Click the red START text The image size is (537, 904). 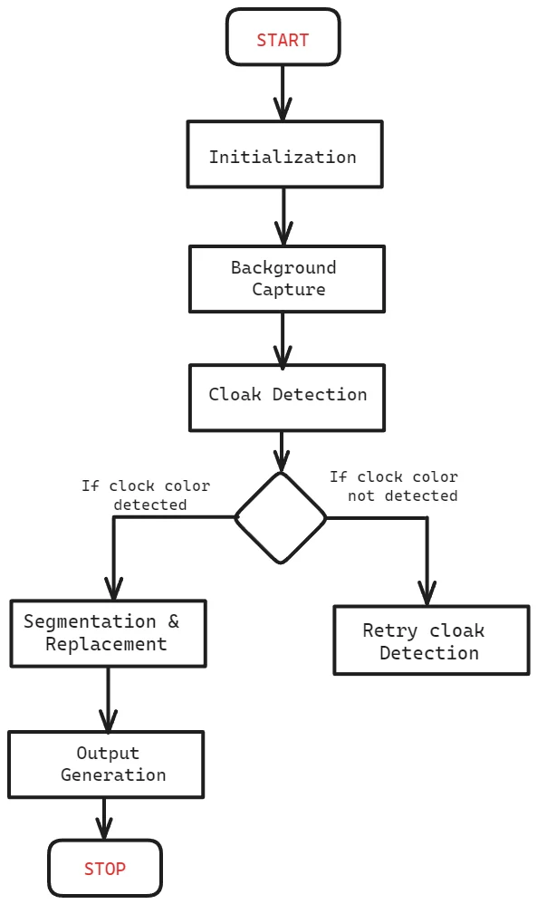coord(283,41)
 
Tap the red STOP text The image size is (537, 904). coord(105,869)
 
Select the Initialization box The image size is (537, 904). coord(284,154)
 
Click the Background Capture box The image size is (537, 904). coord(287,279)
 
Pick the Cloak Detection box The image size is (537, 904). coord(287,398)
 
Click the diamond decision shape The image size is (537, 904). coord(281,518)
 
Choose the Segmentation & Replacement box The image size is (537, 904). coord(109,633)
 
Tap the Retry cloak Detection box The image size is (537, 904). coord(432,640)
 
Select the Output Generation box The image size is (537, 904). coord(106,765)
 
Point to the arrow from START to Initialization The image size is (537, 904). coord(283,92)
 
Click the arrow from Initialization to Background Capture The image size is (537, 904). coord(283,216)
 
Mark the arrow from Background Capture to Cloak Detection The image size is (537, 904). coord(283,339)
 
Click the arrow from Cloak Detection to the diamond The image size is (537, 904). coord(281,452)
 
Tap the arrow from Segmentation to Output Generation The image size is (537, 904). coord(109,699)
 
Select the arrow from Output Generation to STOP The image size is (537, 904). coord(104,819)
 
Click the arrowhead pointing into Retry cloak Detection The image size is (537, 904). coord(427,594)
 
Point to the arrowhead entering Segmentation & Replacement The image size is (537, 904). coord(113,589)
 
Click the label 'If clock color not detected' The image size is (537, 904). coord(394,486)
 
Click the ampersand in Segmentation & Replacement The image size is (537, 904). coord(174,621)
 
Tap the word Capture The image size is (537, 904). coord(289,290)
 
